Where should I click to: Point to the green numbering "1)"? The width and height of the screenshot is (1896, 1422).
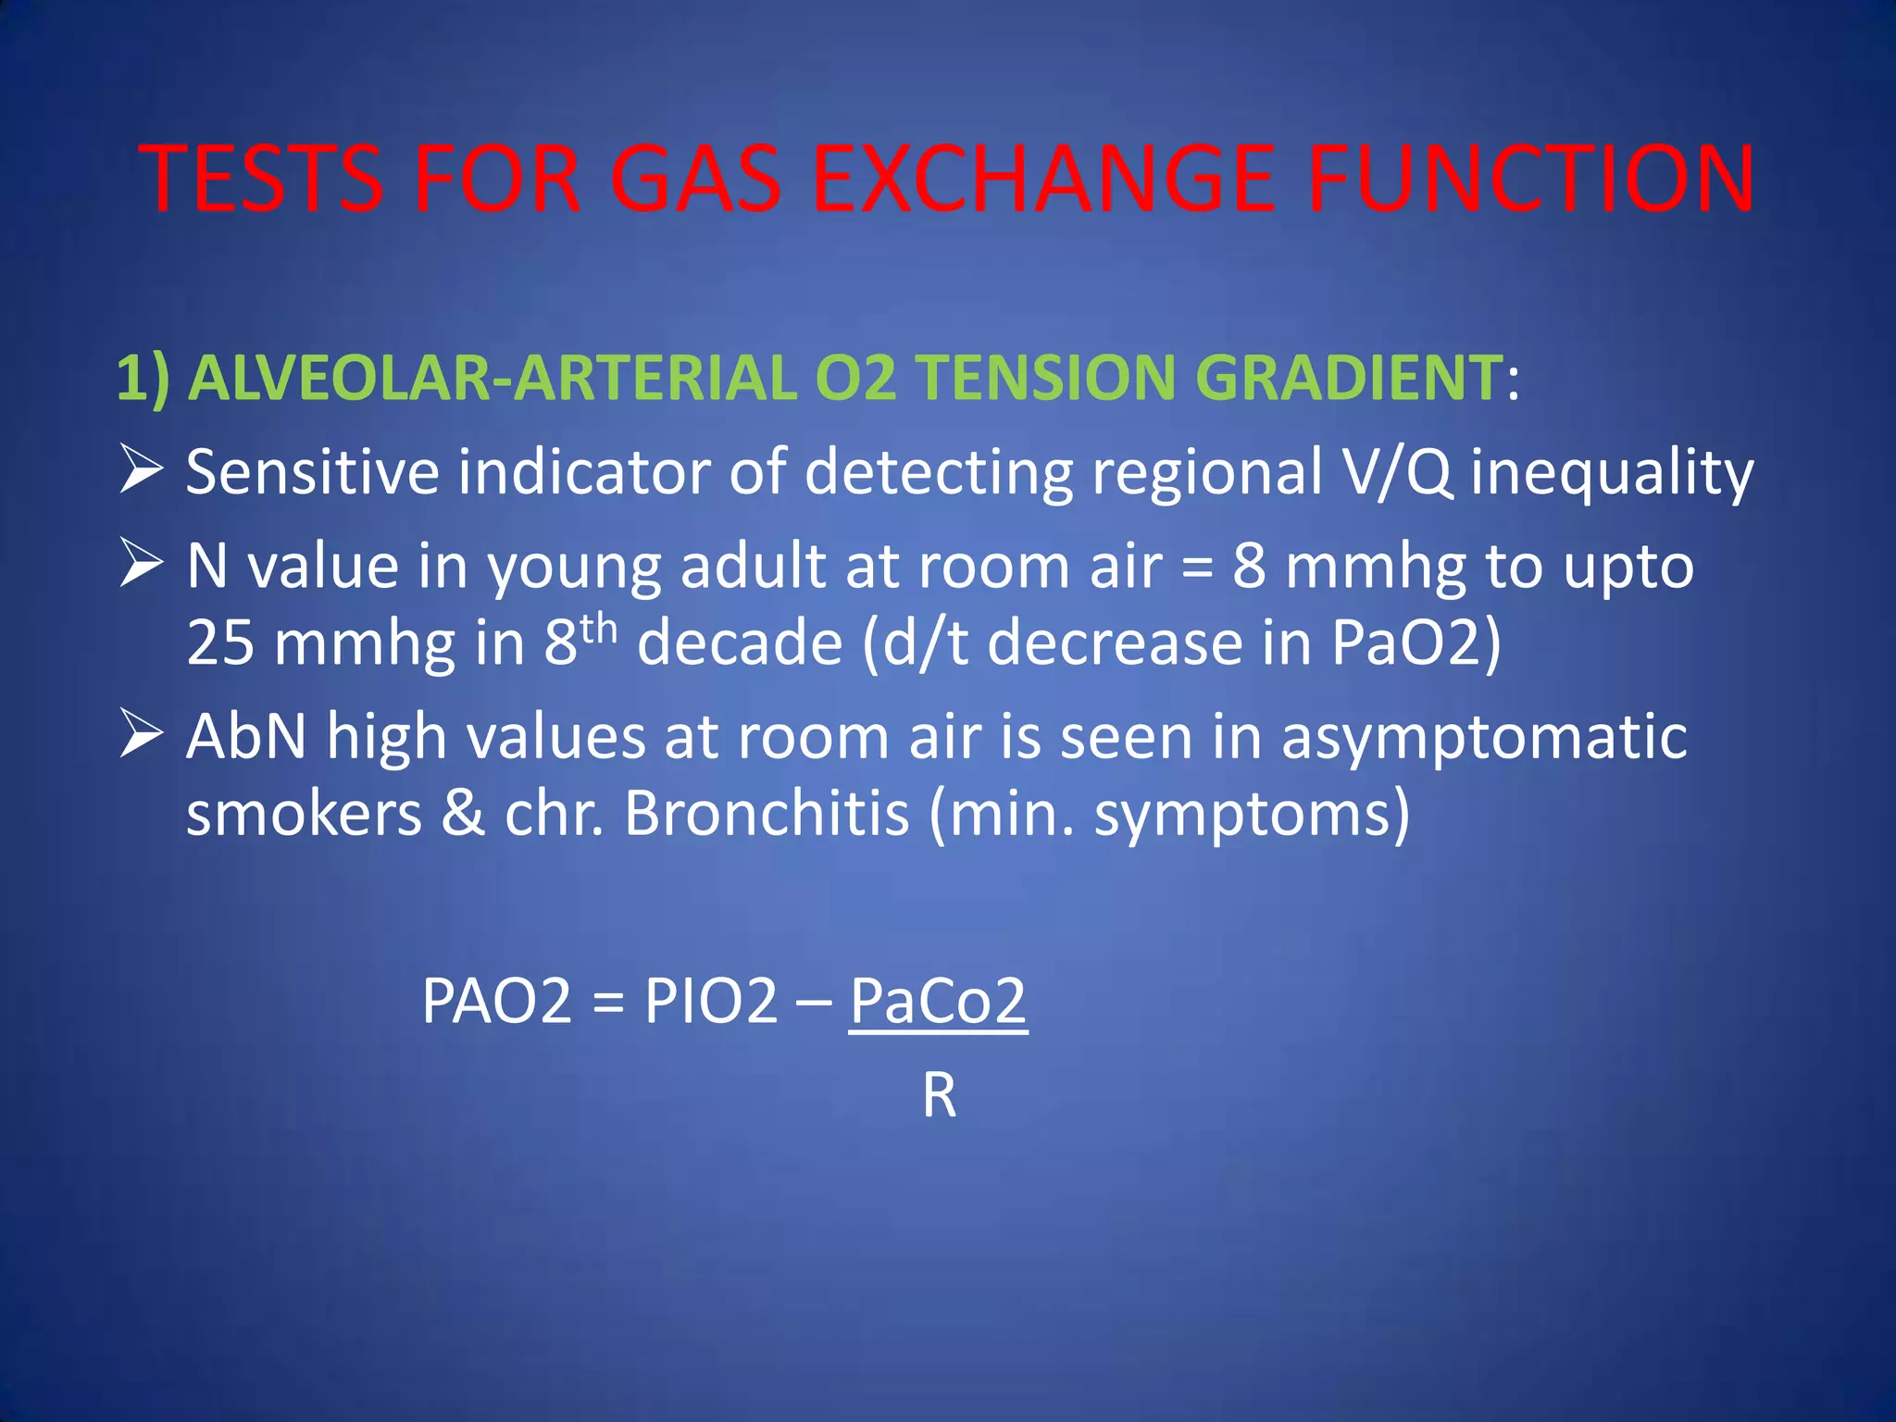[143, 378]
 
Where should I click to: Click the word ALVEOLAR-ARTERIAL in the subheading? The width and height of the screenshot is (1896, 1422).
[492, 378]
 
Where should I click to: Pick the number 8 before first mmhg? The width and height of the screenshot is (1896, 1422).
[1249, 566]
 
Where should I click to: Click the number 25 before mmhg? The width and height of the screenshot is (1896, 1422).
[220, 642]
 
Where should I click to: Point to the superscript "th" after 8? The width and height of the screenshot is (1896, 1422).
[599, 630]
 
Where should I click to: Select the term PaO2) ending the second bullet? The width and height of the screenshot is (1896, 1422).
[1416, 642]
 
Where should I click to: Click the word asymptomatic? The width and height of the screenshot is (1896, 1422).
[1484, 739]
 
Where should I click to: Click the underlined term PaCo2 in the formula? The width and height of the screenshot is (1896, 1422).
[938, 1001]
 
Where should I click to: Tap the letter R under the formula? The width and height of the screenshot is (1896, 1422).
[939, 1096]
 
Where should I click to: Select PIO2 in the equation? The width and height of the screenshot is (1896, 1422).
[711, 1001]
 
